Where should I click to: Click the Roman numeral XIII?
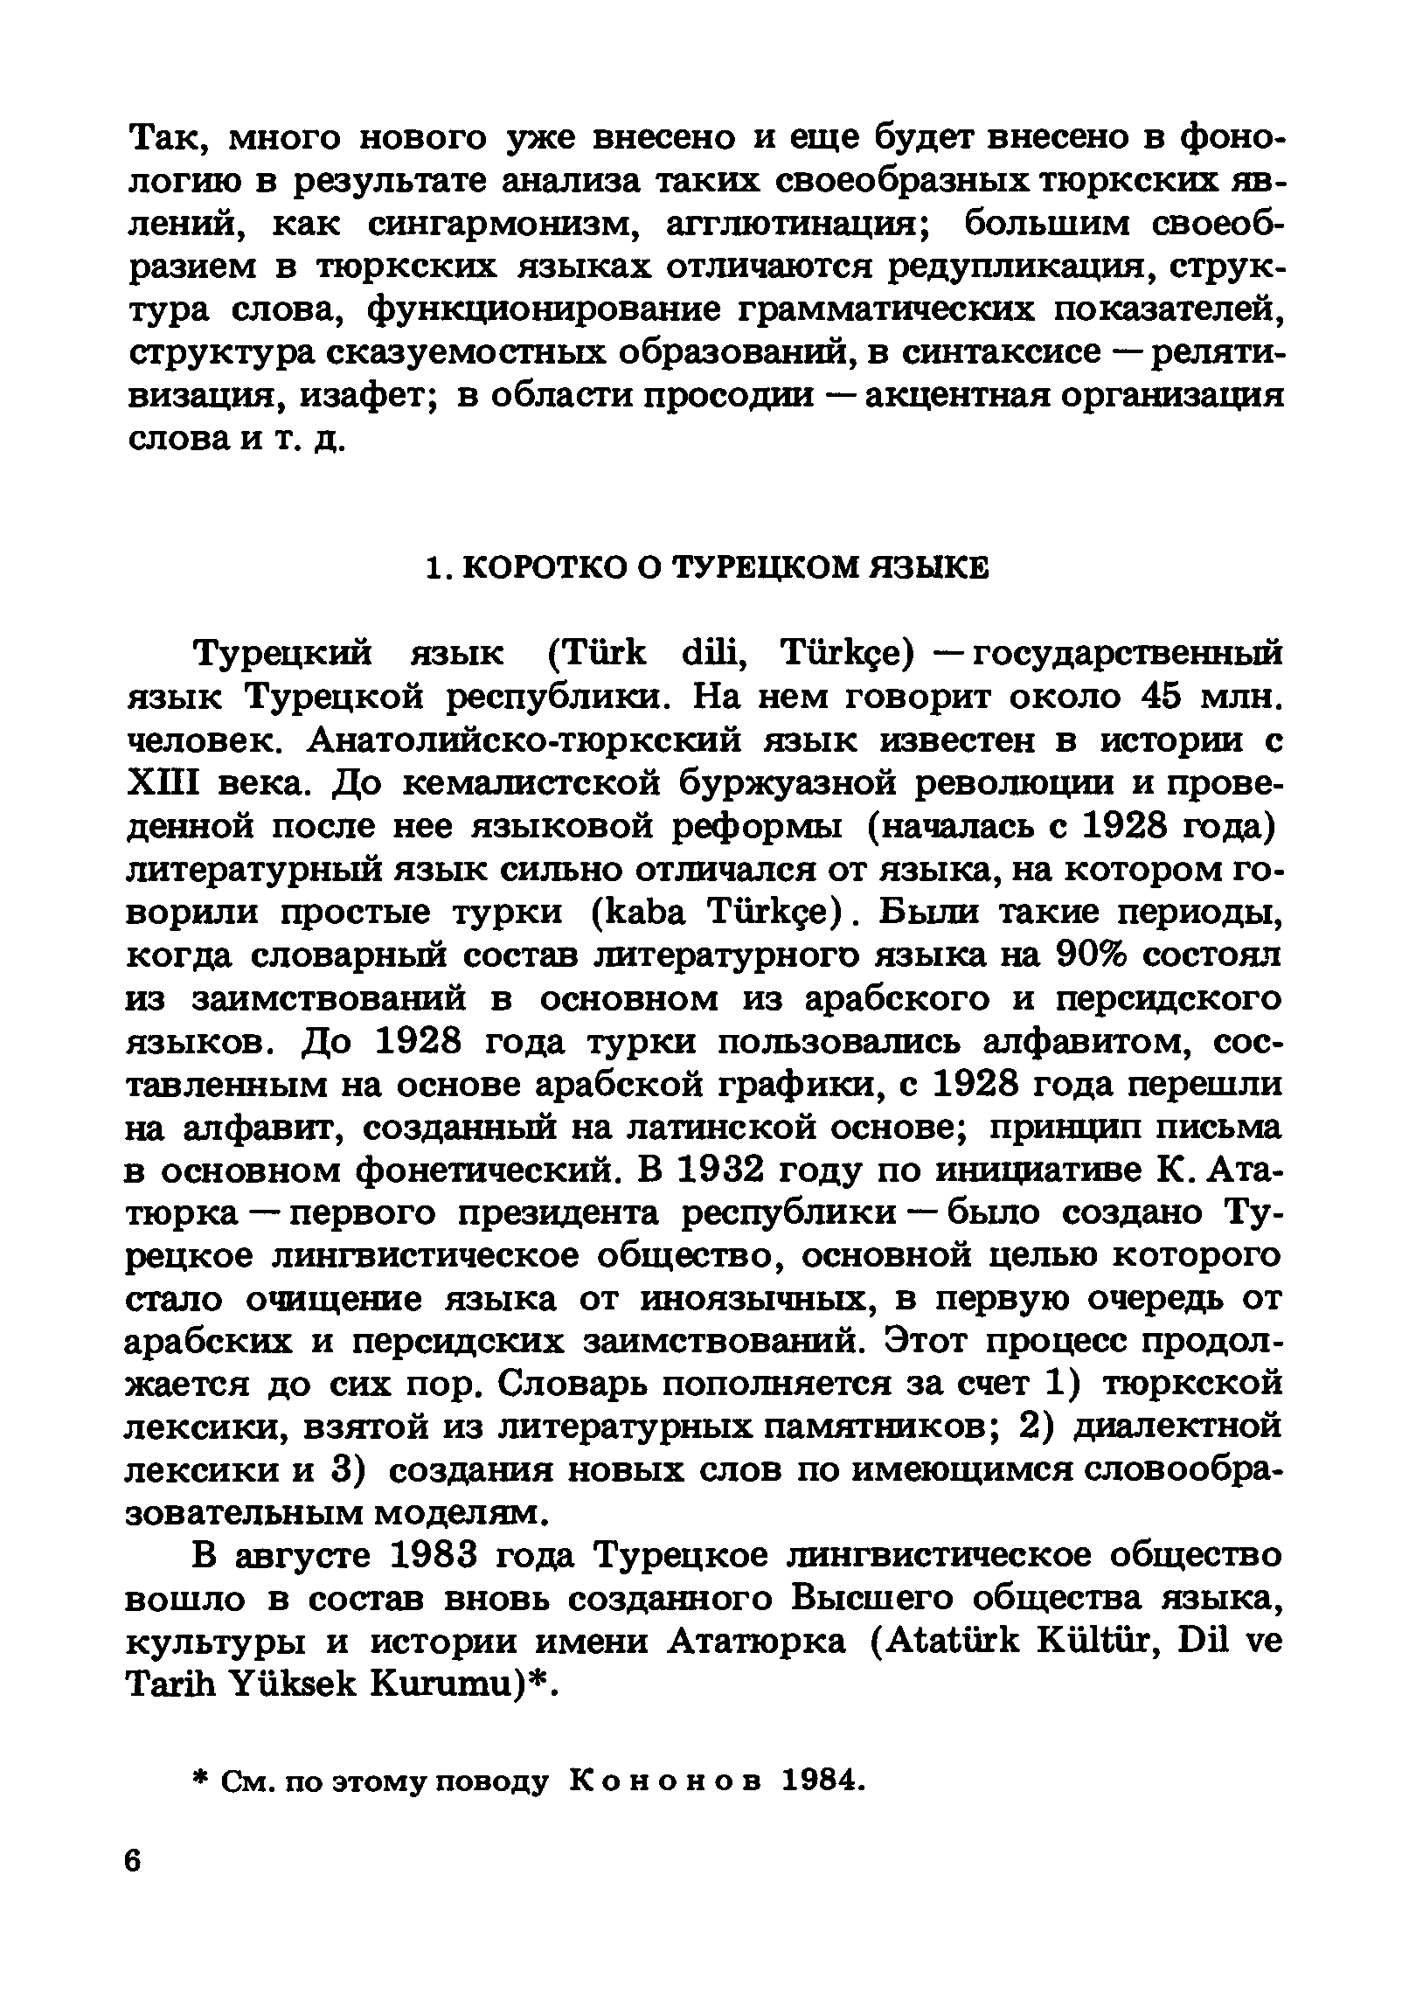[166, 782]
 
